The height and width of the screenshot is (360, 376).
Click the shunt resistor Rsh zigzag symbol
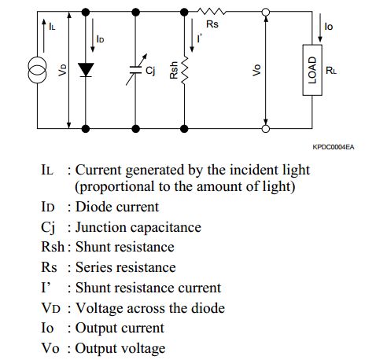pos(186,72)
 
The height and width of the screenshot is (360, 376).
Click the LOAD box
pos(314,70)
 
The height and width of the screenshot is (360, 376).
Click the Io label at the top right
pos(328,27)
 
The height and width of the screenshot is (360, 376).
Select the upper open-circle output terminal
pos(267,13)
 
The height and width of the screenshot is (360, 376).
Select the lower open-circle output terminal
pos(267,127)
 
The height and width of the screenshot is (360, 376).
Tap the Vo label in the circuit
pos(255,70)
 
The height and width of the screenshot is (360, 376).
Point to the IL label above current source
pos(51,27)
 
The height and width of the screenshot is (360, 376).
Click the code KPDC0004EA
pos(333,146)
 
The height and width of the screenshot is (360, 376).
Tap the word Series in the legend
pos(96,267)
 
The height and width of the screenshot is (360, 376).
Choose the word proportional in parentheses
pos(120,187)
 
